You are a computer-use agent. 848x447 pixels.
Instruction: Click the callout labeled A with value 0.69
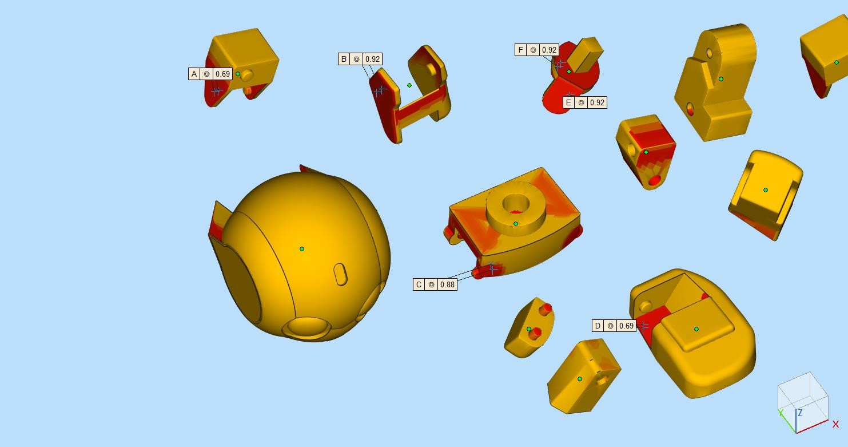210,74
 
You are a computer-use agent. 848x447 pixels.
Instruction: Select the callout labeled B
360,59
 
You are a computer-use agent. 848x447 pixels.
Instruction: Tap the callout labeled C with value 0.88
435,284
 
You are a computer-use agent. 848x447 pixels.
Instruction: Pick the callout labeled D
614,326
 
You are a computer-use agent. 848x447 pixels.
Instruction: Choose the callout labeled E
585,102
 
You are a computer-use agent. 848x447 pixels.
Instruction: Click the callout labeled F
537,50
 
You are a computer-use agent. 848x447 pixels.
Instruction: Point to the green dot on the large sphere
302,249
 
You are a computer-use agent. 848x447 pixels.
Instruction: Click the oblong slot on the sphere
341,274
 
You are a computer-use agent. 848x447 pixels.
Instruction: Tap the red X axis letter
835,425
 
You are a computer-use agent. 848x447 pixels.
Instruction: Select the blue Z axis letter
801,413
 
